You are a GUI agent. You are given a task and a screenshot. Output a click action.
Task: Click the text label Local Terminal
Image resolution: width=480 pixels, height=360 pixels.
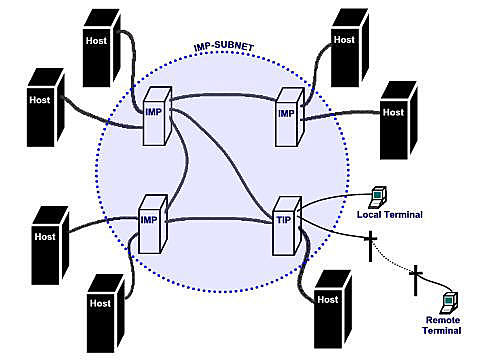[x=389, y=215]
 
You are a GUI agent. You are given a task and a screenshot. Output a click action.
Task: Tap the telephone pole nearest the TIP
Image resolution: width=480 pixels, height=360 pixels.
[x=370, y=245]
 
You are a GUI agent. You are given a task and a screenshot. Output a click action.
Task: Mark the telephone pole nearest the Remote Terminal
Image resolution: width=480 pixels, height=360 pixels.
[x=416, y=280]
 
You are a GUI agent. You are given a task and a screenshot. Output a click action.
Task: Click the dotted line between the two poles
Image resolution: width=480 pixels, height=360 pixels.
[x=394, y=262]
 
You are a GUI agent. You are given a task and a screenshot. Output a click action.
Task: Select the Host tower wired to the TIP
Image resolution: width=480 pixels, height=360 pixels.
[x=332, y=301]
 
